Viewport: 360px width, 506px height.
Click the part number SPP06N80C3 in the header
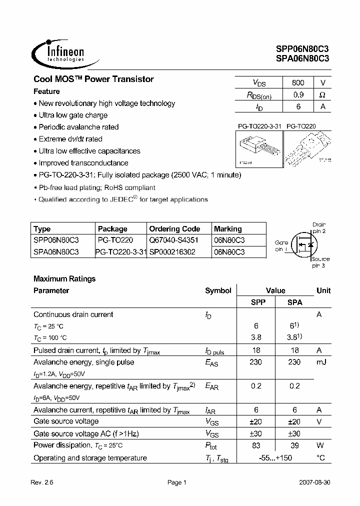pyautogui.click(x=302, y=49)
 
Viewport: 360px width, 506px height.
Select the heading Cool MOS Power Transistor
pyautogui.click(x=93, y=79)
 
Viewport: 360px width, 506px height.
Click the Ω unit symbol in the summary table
pyautogui.click(x=322, y=94)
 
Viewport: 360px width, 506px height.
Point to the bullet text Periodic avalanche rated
pyautogui.click(x=78, y=127)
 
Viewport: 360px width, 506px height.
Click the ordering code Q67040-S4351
pyautogui.click(x=174, y=240)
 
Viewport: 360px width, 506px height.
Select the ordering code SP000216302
pyautogui.click(x=172, y=252)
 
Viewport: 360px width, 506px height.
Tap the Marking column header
pyautogui.click(x=228, y=228)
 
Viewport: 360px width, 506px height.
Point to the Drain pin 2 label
pyautogui.click(x=318, y=228)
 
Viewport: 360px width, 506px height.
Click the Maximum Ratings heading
pyautogui.click(x=64, y=278)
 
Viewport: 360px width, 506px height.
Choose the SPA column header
pyautogui.click(x=294, y=302)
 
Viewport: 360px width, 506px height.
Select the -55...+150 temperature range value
pyautogui.click(x=275, y=458)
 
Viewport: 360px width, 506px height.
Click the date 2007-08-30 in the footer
pyautogui.click(x=314, y=482)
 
